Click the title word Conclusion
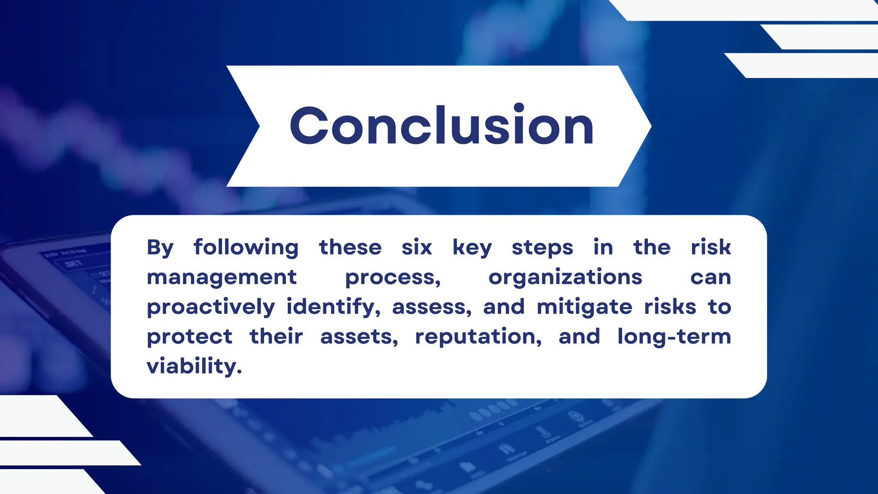[442, 126]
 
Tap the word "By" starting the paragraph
[160, 247]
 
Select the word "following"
[246, 247]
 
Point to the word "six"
[417, 247]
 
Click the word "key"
[472, 247]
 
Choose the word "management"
[222, 277]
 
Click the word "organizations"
[565, 277]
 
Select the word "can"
[710, 277]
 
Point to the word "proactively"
[211, 307]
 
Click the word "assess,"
[432, 307]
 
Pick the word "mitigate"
[584, 307]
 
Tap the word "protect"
[189, 337]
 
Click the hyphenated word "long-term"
[674, 337]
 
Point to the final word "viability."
[194, 367]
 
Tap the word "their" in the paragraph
[276, 336]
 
